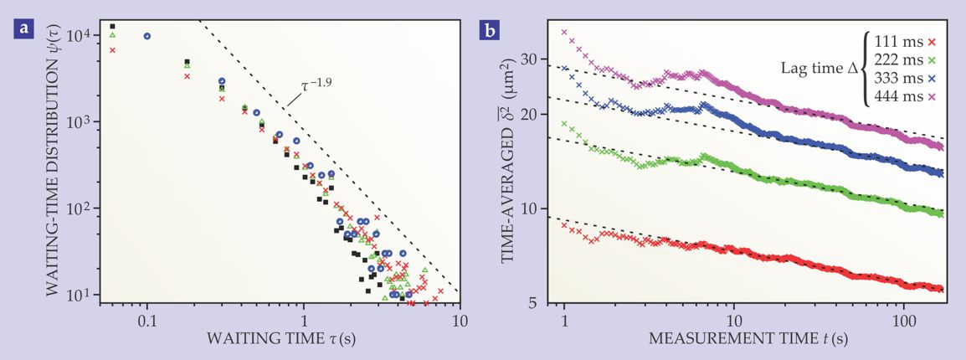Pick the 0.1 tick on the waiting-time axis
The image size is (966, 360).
147,319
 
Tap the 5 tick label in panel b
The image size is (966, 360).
538,304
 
